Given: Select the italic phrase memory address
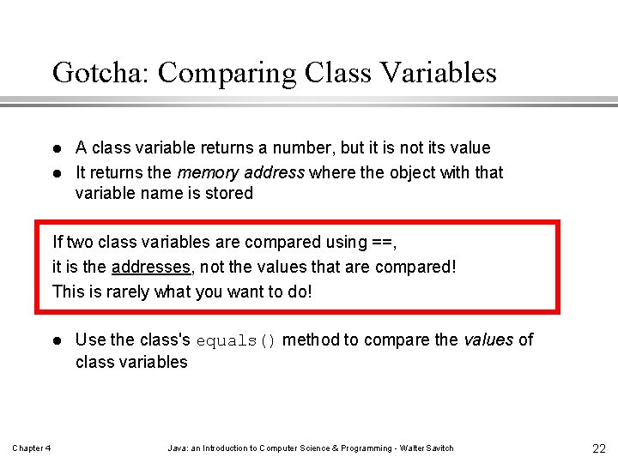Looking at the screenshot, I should pyautogui.click(x=241, y=172).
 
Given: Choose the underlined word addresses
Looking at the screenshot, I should pyautogui.click(x=151, y=267).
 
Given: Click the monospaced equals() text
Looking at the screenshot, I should pyautogui.click(x=236, y=340).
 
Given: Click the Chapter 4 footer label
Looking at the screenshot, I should pyautogui.click(x=32, y=448).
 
